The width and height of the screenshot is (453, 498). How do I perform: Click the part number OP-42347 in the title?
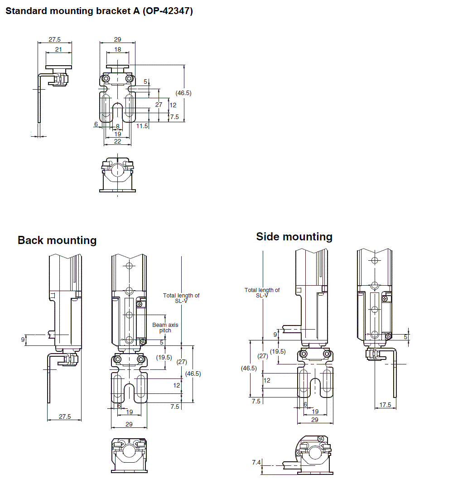coord(168,11)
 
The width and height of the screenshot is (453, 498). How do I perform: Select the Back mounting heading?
coord(57,240)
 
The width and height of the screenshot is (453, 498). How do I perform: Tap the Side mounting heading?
coord(294,236)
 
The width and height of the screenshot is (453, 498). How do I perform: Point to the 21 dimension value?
coord(58,49)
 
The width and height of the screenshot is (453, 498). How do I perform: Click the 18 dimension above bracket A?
coord(117,49)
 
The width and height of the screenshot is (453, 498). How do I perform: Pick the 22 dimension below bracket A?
coord(117,142)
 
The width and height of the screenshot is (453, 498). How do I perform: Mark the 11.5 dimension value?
coord(142,126)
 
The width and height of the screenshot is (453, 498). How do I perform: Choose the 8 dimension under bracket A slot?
coord(117,126)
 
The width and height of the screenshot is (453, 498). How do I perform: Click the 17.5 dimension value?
coord(385,405)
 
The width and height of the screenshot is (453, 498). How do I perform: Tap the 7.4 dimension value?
coord(256,462)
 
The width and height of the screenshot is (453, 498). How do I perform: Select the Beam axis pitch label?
coord(165,328)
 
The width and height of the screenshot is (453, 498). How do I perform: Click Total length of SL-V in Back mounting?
coord(181,298)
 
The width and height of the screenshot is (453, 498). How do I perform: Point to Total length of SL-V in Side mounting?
coord(262,292)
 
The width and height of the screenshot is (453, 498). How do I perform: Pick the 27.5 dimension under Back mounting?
coord(65,417)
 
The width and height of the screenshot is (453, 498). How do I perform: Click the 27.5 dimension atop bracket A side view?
coord(54,40)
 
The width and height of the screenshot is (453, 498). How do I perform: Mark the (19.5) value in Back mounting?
coord(164,357)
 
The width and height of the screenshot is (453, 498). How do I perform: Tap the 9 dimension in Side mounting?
coord(275,335)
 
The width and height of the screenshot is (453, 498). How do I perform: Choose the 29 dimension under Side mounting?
coord(314,420)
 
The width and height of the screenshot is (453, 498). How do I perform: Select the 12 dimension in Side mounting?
coord(267,380)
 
